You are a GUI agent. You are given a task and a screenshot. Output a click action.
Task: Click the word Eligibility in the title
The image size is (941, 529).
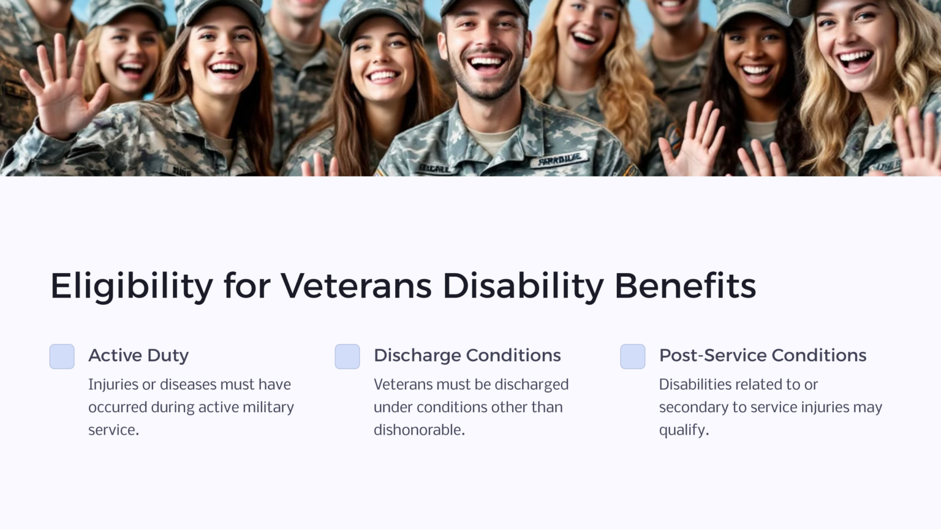(131, 286)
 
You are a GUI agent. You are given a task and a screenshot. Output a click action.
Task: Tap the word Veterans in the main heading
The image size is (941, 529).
(356, 286)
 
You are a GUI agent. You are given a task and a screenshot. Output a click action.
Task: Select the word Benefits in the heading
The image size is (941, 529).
(685, 286)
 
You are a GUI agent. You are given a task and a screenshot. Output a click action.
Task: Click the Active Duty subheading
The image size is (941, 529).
(138, 355)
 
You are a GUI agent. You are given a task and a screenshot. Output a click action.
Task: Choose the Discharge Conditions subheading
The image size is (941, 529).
(467, 355)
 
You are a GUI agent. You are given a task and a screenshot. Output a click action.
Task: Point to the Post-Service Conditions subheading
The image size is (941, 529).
(762, 355)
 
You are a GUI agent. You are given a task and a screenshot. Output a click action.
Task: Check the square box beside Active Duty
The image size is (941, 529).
(62, 356)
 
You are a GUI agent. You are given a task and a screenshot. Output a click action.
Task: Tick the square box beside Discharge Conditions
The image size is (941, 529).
(347, 356)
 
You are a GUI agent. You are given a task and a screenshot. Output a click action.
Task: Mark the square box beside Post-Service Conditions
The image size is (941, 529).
(633, 356)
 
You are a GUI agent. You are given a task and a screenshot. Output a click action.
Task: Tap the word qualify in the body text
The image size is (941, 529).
(682, 430)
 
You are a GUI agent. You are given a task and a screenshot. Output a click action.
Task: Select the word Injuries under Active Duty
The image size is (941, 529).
(113, 385)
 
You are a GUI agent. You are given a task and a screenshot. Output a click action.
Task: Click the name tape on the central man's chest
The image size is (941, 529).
(559, 161)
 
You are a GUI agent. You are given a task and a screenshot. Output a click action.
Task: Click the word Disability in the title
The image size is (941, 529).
(523, 286)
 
